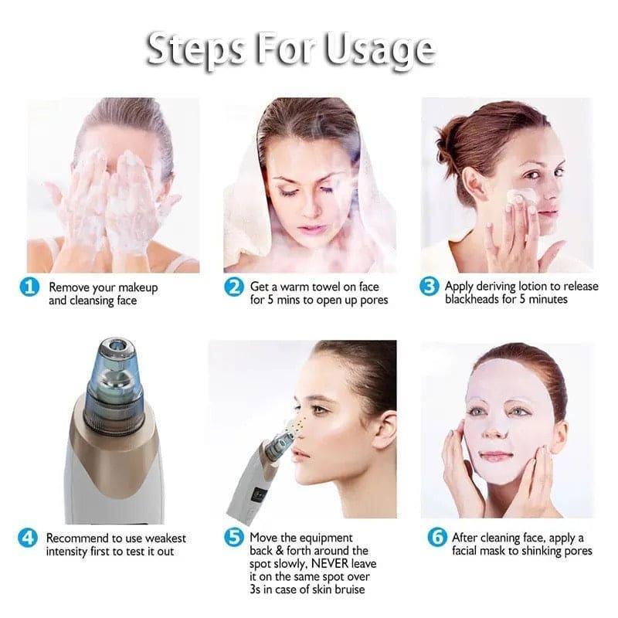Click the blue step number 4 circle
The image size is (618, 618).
pos(29,538)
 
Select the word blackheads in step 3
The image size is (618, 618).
pos(473,300)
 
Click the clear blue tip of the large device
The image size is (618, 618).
pos(117,371)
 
